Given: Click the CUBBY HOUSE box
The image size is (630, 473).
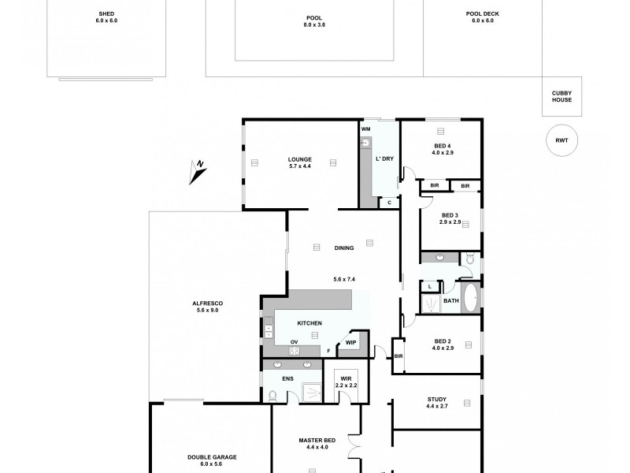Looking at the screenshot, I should pyautogui.click(x=561, y=96).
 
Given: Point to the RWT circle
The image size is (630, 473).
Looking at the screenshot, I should pyautogui.click(x=561, y=140).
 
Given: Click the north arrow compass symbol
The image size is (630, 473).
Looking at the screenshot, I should pyautogui.click(x=198, y=171).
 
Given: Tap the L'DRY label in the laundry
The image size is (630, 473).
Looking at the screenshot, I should pyautogui.click(x=384, y=159).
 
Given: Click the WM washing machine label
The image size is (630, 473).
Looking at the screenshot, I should pyautogui.click(x=366, y=128).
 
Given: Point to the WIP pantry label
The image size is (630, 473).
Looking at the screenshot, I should pyautogui.click(x=350, y=342).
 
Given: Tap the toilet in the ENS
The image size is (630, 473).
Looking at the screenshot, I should pyautogui.click(x=272, y=395).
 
